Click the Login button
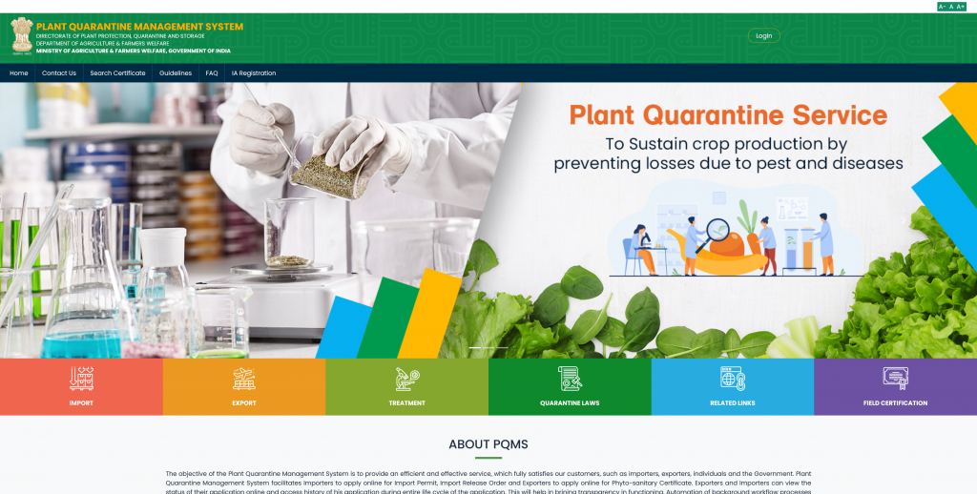[x=763, y=36]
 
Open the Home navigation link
[x=19, y=73]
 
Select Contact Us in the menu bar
[x=59, y=73]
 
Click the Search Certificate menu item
[x=117, y=73]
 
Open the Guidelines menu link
[x=176, y=73]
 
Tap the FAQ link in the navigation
[x=212, y=73]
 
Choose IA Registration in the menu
[x=254, y=73]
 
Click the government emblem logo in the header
[x=21, y=36]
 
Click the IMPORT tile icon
[x=81, y=379]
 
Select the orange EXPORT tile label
[x=244, y=403]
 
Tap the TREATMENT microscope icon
[x=406, y=379]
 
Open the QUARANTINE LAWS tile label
[x=570, y=403]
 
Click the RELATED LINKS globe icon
[x=732, y=379]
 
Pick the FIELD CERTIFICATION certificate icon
[x=895, y=379]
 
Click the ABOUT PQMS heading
[x=488, y=444]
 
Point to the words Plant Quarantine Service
[x=728, y=116]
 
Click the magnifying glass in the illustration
[x=717, y=230]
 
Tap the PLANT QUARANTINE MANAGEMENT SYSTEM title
[x=139, y=27]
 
